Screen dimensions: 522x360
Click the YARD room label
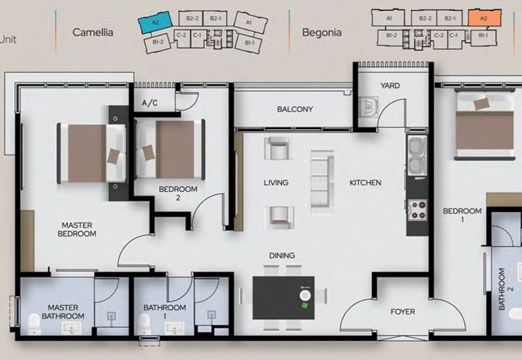click(390, 85)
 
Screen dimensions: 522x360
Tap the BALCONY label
click(295, 109)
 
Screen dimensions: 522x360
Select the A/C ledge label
click(150, 103)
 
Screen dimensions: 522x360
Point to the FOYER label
click(403, 312)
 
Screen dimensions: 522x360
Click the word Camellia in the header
click(93, 32)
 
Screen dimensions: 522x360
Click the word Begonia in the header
click(322, 32)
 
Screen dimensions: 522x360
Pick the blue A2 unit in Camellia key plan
click(155, 22)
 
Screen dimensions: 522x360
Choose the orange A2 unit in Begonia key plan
click(484, 18)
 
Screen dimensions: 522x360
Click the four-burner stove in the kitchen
click(418, 209)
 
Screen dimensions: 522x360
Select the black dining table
click(284, 298)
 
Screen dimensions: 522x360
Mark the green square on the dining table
click(305, 305)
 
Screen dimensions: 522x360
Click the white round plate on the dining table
click(305, 295)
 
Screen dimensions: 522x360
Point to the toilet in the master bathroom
click(34, 323)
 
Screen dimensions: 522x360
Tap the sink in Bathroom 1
click(175, 329)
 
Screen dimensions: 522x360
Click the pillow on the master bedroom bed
click(114, 157)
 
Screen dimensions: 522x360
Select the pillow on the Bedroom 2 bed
click(149, 153)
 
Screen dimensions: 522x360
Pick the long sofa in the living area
click(322, 183)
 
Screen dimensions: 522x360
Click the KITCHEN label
click(365, 183)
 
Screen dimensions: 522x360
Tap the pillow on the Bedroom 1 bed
click(482, 104)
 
